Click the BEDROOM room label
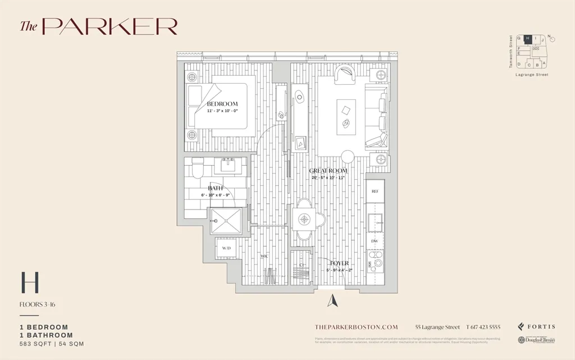pos(222,104)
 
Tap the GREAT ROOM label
pos(328,171)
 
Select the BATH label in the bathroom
pos(216,188)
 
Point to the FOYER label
pos(339,263)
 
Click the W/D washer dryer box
pos(226,248)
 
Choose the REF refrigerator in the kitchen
pos(375,192)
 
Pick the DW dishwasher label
pos(375,240)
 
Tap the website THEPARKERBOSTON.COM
pos(357,327)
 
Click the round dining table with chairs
pos(304,219)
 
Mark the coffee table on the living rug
pos(346,116)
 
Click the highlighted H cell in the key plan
pos(527,39)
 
